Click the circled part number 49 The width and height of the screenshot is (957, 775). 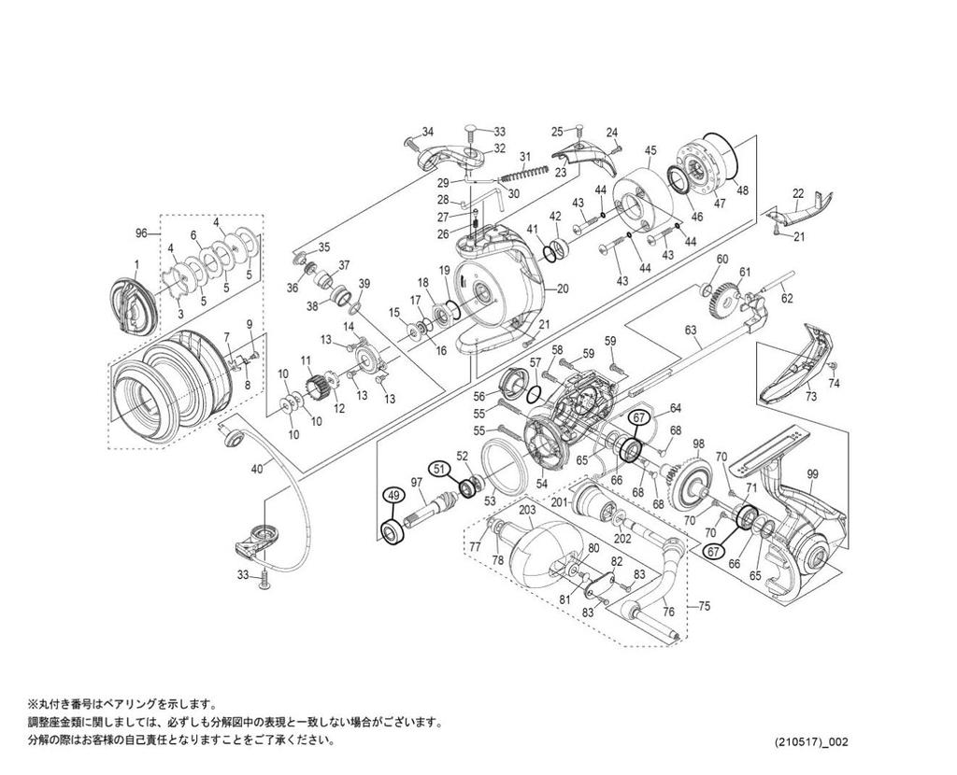point(393,496)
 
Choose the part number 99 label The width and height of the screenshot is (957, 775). point(812,474)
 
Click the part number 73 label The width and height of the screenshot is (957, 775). point(809,397)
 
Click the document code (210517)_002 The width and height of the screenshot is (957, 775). point(812,742)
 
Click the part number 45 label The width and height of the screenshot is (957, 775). point(651,149)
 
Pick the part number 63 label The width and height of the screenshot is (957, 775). point(692,330)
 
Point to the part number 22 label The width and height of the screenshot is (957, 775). point(798,193)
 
